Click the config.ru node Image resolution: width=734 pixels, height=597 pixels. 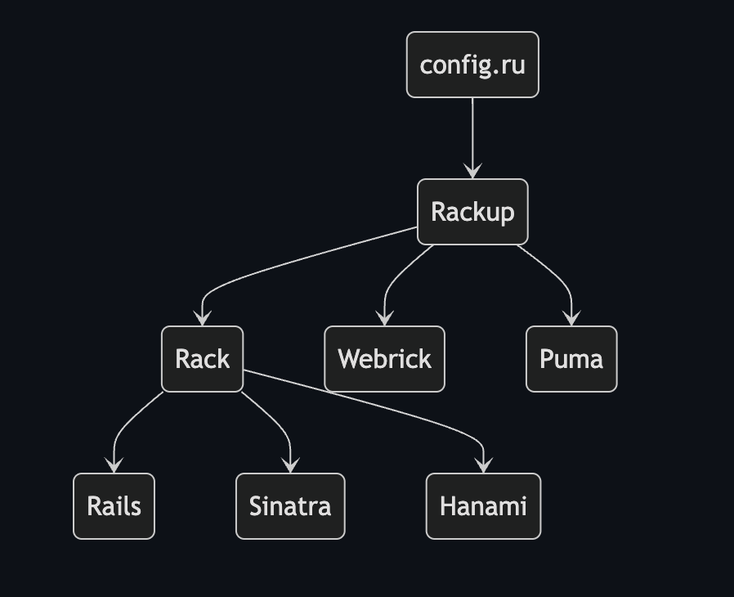(x=472, y=65)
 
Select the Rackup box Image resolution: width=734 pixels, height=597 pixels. (x=472, y=212)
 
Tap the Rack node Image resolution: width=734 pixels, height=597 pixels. (x=202, y=359)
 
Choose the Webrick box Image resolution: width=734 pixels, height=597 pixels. (x=384, y=359)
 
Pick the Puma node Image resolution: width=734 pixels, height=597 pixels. (x=571, y=359)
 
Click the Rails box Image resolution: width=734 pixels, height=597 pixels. (x=114, y=506)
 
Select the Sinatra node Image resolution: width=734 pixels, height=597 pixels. (x=290, y=506)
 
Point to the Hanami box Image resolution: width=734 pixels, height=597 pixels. (x=483, y=506)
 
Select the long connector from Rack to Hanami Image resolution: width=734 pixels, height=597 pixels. (x=368, y=405)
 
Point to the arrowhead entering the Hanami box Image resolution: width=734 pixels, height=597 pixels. (x=483, y=466)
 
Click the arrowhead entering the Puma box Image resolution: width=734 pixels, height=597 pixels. (x=571, y=319)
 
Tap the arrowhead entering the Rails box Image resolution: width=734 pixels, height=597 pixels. (x=114, y=466)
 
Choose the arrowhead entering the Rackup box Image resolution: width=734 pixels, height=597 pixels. (x=472, y=172)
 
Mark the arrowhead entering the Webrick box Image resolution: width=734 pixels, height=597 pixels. (x=384, y=319)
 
